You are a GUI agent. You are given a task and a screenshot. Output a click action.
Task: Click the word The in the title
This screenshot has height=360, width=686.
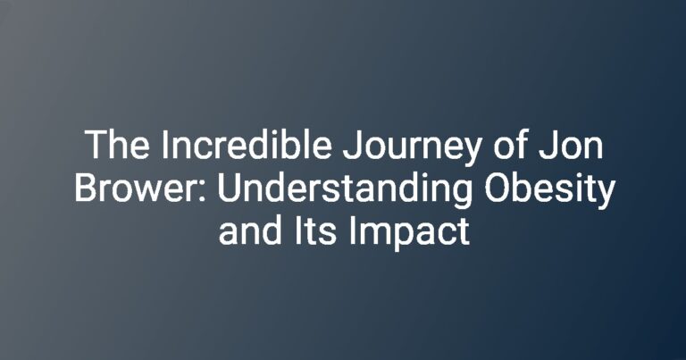[x=117, y=145]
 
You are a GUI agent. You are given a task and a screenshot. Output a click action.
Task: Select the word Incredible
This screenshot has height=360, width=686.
[x=247, y=144]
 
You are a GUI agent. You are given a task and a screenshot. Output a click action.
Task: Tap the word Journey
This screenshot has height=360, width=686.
[x=412, y=148]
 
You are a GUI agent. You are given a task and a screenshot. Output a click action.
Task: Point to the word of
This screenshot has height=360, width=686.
[x=510, y=144]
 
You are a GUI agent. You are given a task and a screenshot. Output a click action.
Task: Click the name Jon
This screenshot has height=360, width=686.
[x=571, y=145]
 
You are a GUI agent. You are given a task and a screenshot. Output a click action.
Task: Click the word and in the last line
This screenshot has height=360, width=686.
[x=250, y=230]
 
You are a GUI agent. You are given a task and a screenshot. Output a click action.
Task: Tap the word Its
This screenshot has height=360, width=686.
[x=315, y=230]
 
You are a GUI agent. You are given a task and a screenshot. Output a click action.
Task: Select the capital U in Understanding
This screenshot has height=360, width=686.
[x=229, y=188]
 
